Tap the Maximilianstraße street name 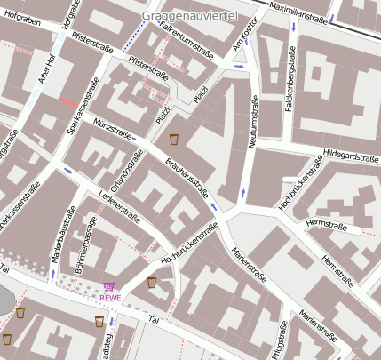297,17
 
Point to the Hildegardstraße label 352,156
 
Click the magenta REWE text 109,298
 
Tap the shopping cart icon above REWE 109,285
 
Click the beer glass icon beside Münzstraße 174,139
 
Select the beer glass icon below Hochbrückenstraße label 152,282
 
